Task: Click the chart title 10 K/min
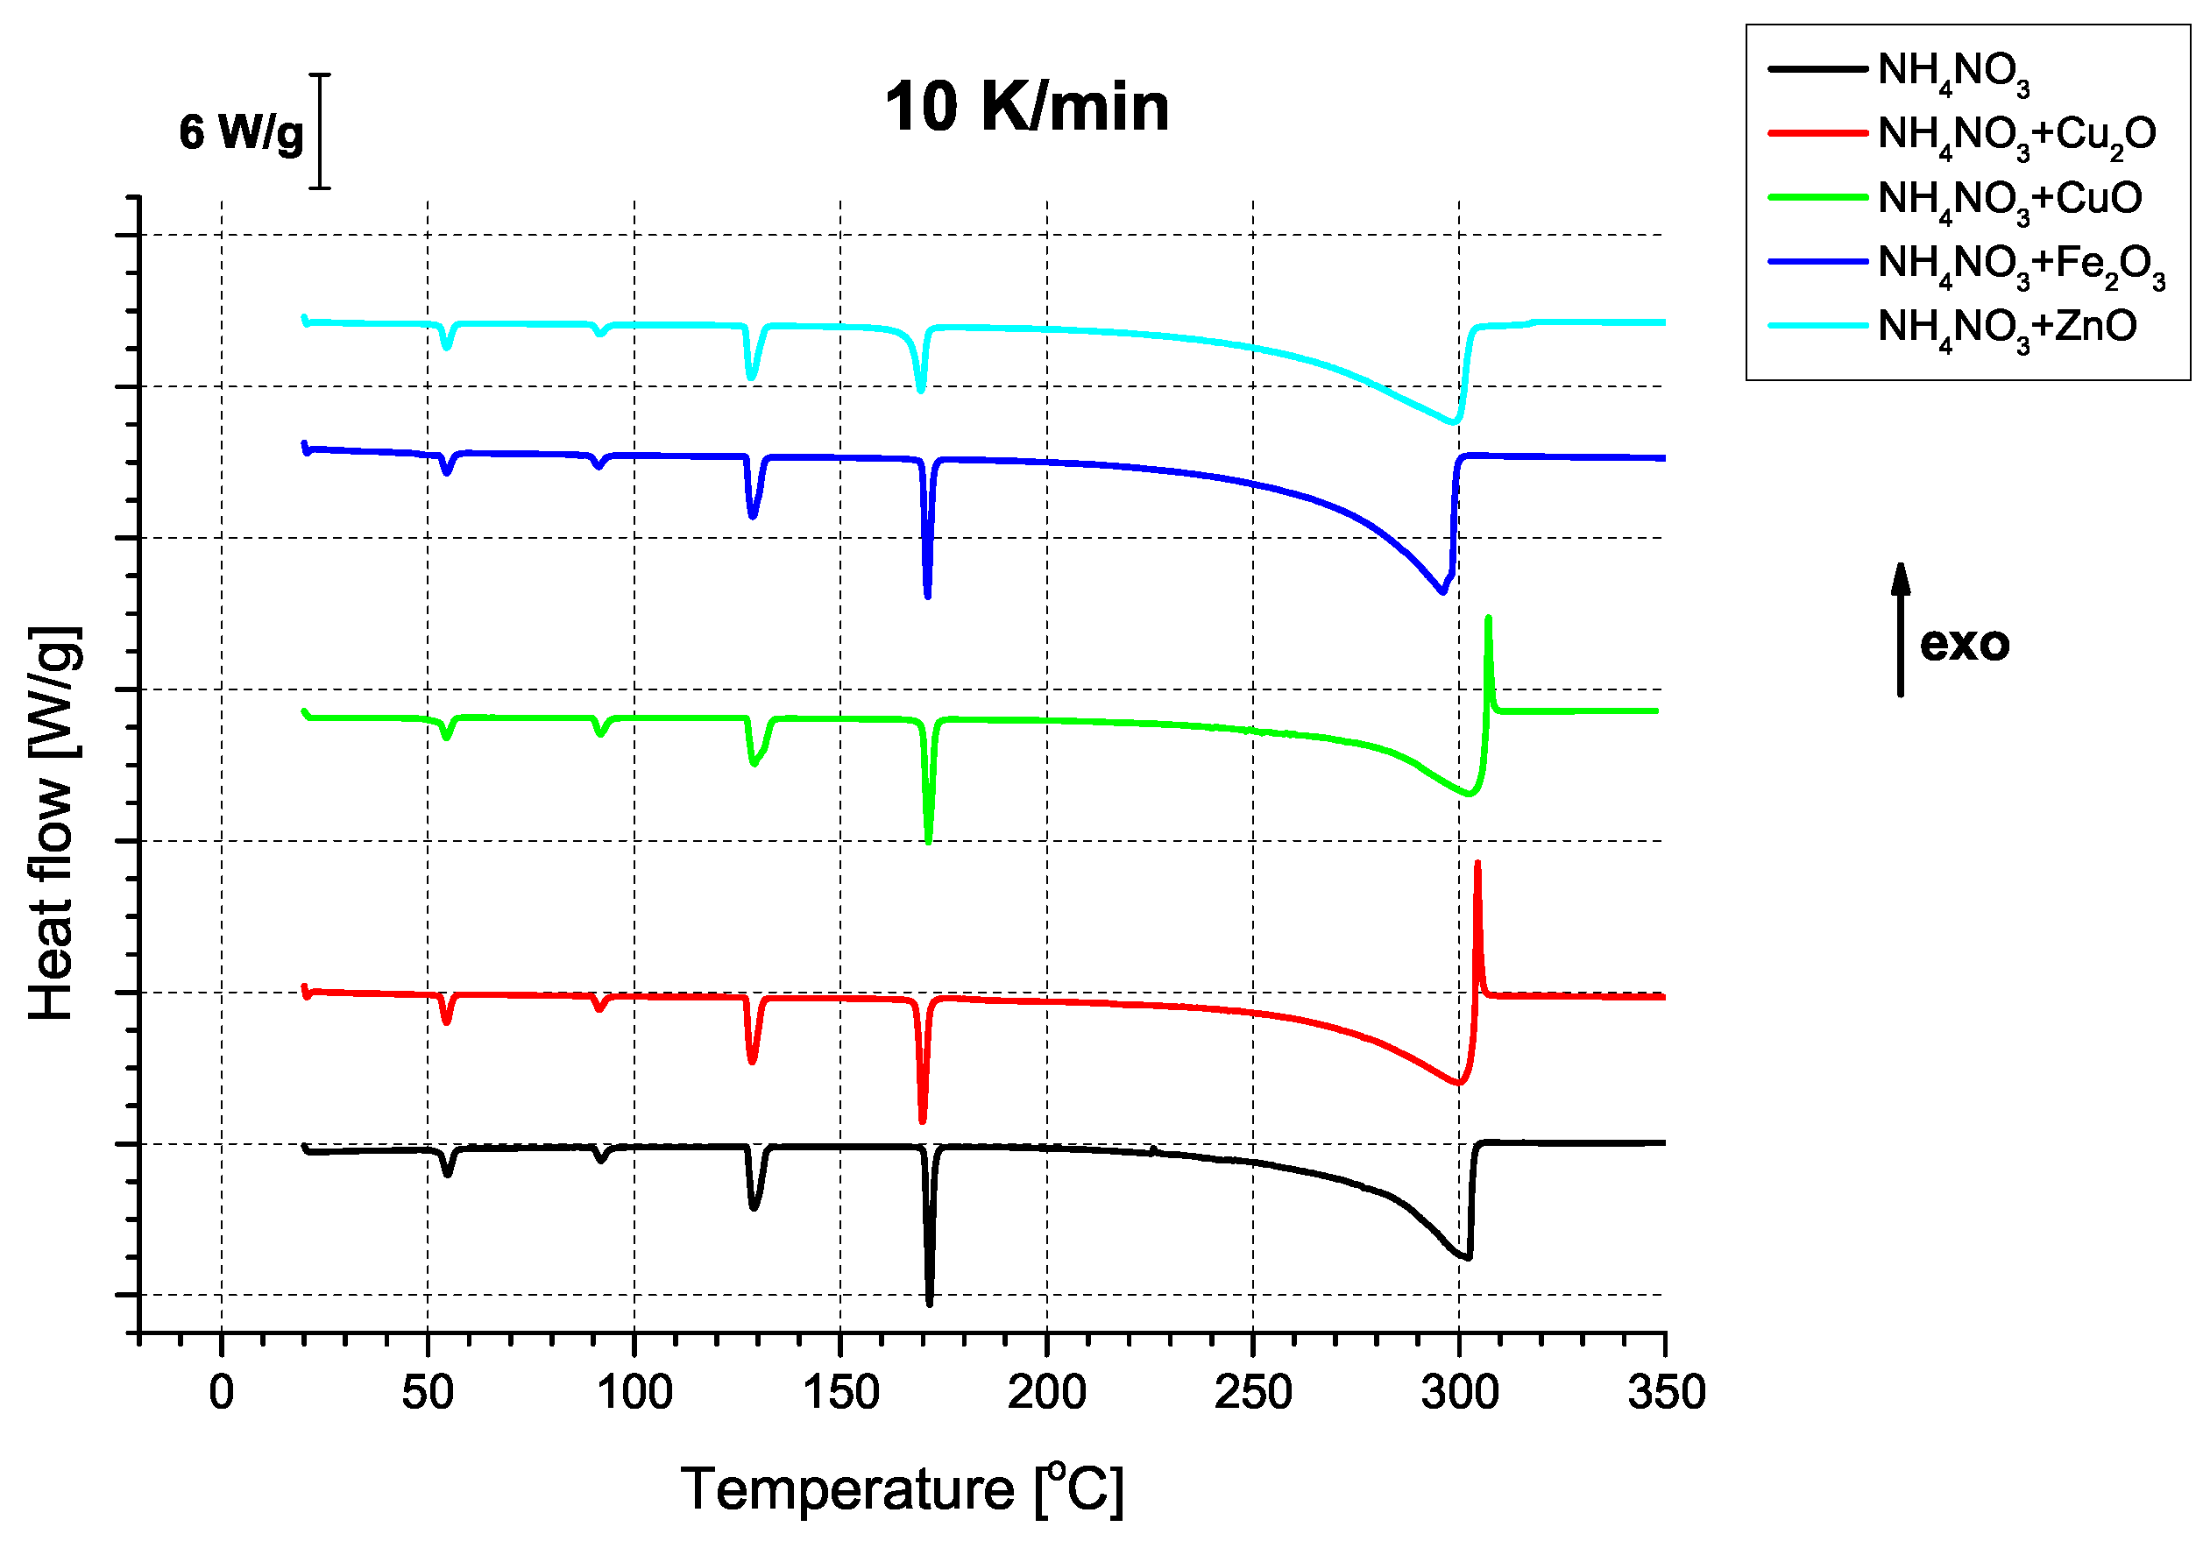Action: [x=1027, y=107]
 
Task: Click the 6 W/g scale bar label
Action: [x=241, y=132]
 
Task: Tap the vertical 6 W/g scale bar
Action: [x=321, y=131]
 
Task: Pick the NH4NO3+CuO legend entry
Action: [x=2009, y=199]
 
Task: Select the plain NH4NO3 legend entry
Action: [x=1953, y=71]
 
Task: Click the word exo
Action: [x=1964, y=644]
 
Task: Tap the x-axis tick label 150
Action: [x=840, y=1392]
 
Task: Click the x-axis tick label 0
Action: [x=222, y=1392]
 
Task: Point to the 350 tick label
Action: [x=1666, y=1392]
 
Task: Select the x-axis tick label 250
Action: [x=1253, y=1392]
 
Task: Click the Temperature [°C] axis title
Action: [x=902, y=1490]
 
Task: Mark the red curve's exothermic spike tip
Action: [x=1477, y=864]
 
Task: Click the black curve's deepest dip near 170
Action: [x=929, y=1302]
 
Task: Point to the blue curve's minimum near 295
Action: [x=1442, y=592]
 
